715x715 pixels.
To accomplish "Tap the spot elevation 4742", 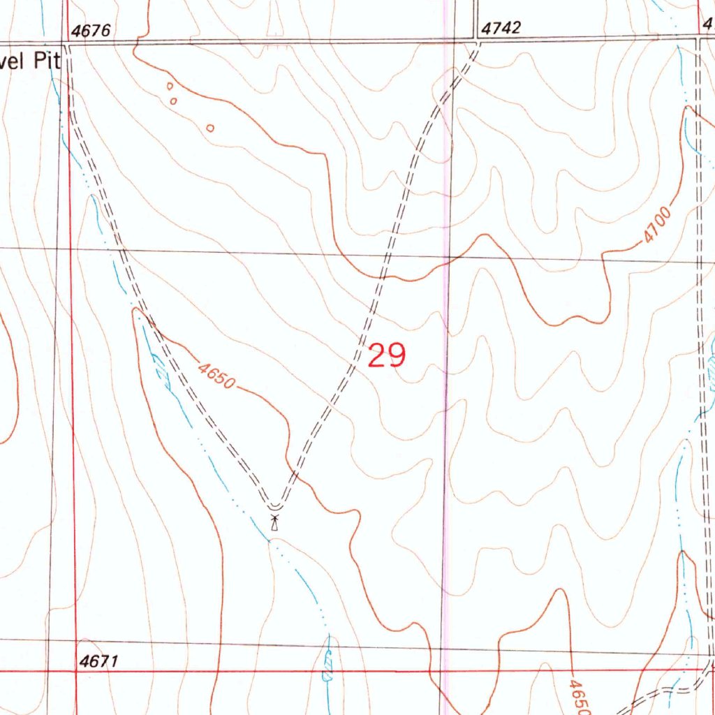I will [x=501, y=29].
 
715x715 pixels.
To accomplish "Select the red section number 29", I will [x=386, y=356].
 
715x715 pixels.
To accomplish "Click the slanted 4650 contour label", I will [x=217, y=376].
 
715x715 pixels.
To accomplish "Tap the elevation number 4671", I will [x=98, y=661].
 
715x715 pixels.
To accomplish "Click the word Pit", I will [x=45, y=61].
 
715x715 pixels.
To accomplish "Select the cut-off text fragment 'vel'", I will [x=12, y=61].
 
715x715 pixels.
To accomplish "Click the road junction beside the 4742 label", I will [x=478, y=42].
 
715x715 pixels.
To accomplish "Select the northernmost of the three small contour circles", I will [x=170, y=87].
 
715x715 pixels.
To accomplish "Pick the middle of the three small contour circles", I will [x=174, y=101].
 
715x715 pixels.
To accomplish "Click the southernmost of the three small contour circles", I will [x=210, y=128].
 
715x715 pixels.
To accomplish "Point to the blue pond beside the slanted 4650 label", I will [x=162, y=370].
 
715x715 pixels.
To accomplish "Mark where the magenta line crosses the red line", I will [x=445, y=672].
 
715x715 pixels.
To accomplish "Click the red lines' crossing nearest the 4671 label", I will [x=71, y=672].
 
